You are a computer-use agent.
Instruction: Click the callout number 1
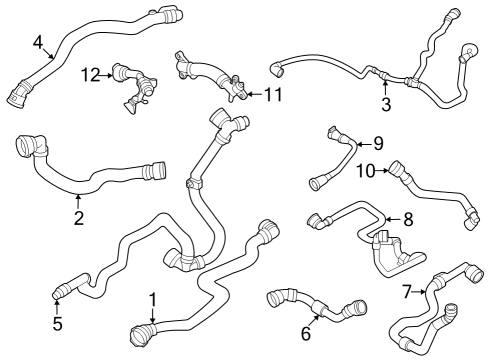152,299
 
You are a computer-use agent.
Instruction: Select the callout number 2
79,218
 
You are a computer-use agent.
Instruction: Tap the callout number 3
385,105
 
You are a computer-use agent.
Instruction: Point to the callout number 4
37,42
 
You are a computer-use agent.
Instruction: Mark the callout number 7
406,292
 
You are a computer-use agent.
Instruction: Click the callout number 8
407,217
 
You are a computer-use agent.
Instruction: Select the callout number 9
377,143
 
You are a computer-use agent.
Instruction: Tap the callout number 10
365,172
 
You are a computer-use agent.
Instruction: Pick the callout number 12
90,74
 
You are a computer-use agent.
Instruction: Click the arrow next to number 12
105,74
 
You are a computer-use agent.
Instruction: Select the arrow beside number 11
250,94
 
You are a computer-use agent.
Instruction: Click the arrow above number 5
57,304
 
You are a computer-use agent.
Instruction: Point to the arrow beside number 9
361,144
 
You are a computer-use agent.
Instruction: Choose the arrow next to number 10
385,172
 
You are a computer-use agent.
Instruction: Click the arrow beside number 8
391,218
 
